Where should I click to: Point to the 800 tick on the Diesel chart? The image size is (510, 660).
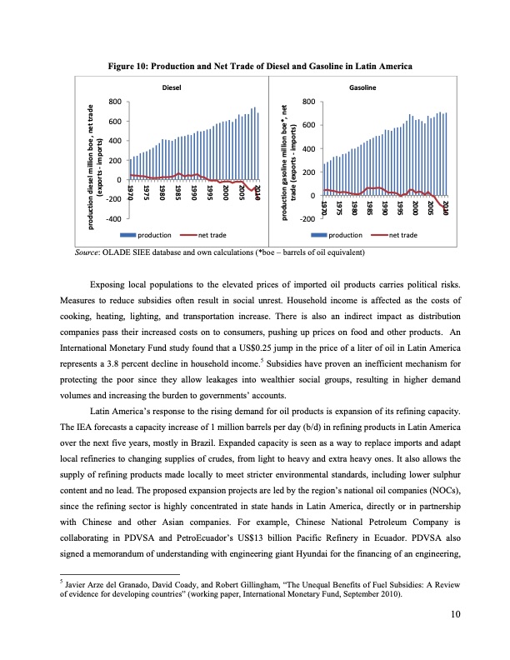(x=115, y=102)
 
